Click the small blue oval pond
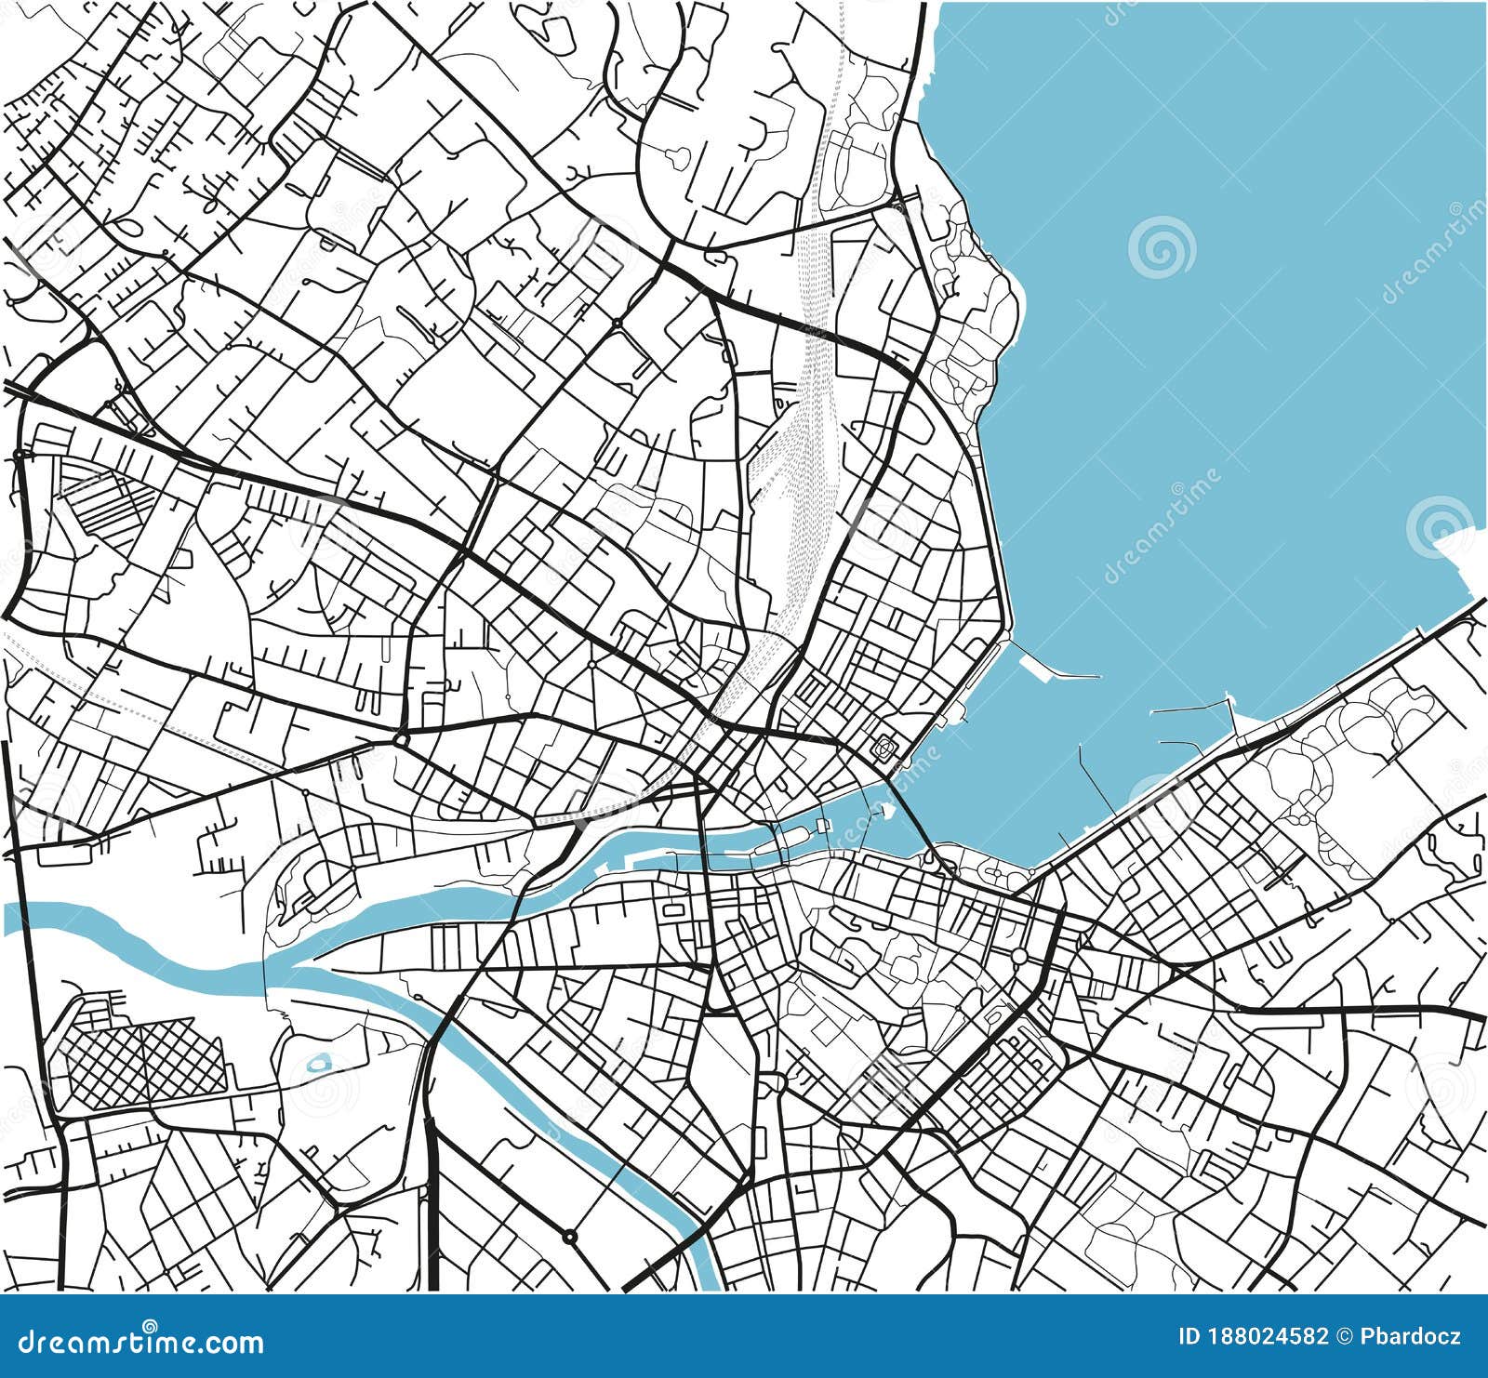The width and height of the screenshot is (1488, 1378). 319,1061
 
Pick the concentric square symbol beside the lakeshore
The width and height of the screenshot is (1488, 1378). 884,745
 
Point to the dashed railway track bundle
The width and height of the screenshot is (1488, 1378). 800,484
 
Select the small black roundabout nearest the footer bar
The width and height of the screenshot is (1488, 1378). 568,1237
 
